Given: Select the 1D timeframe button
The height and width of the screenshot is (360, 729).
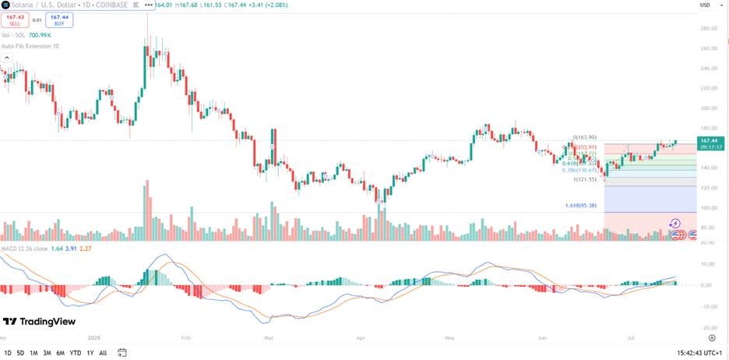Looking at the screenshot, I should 8,353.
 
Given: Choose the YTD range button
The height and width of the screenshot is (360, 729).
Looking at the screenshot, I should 76,353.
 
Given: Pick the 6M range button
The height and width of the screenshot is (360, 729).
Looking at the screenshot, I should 60,353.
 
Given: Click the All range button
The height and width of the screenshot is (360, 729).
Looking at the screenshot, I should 103,353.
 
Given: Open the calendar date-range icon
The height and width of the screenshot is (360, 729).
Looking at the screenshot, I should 122,353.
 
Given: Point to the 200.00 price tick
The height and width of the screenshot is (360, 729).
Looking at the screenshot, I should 709,108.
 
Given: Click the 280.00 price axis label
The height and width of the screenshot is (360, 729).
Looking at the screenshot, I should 709,29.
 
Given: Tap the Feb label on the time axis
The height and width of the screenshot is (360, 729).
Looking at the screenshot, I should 185,339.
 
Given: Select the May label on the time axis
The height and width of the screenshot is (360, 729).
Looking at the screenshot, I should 449,339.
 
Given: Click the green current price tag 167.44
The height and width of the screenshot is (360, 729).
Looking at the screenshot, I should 709,140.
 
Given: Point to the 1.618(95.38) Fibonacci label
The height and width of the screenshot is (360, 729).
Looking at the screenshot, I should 580,206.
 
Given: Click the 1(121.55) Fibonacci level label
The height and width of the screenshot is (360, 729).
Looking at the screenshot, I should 585,179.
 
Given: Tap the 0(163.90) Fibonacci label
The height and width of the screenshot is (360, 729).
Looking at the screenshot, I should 584,137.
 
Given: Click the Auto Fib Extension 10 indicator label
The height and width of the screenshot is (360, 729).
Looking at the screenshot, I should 30,46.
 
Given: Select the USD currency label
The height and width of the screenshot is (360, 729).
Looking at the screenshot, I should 705,5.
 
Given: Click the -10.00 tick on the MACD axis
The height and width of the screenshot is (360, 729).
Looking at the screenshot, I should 708,305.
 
